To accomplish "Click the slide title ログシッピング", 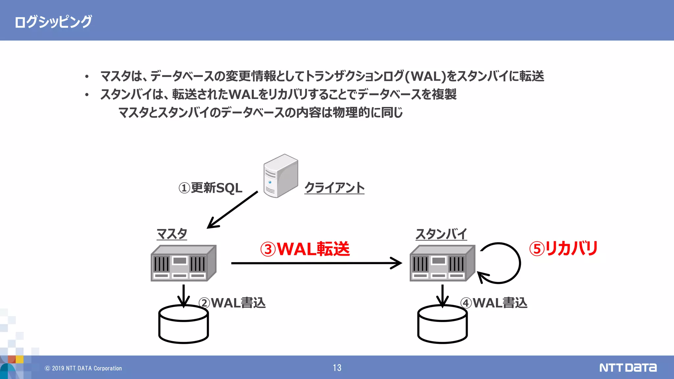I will click(53, 22).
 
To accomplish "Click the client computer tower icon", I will click(280, 176).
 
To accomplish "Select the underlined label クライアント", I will click(334, 188).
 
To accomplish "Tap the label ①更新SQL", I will click(210, 188).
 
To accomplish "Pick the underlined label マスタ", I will click(172, 234).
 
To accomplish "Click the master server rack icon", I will click(183, 263).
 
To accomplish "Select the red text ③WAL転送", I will click(305, 249).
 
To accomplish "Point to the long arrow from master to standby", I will click(316, 263).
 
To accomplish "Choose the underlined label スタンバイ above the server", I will click(441, 234).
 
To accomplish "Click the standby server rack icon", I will click(442, 263).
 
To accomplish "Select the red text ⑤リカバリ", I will click(563, 248).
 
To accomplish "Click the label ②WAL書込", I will click(232, 303).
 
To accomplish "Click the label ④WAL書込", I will click(494, 303).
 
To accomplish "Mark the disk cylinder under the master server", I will click(183, 326).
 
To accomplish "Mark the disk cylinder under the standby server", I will click(442, 326).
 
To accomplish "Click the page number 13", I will click(337, 368).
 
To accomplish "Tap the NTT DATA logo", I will click(628, 367).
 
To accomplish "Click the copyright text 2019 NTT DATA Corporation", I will click(84, 368).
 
